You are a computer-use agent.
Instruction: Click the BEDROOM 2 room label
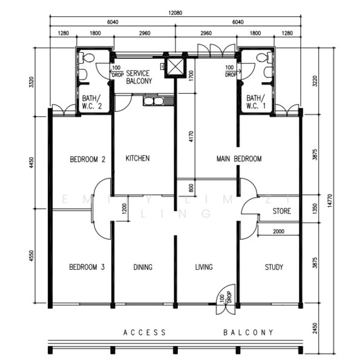pyautogui.click(x=88, y=160)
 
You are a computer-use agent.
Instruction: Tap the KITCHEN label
pyautogui.click(x=137, y=159)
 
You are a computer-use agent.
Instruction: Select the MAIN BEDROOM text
pyautogui.click(x=239, y=159)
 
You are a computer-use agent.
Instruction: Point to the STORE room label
pyautogui.click(x=281, y=212)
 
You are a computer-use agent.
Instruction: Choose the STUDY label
pyautogui.click(x=274, y=267)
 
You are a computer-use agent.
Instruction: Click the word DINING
pyautogui.click(x=143, y=267)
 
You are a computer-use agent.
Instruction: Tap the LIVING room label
pyautogui.click(x=204, y=267)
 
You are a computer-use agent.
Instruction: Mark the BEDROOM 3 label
pyautogui.click(x=87, y=267)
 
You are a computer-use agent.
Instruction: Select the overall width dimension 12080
pyautogui.click(x=175, y=12)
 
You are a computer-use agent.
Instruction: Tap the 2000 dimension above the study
pyautogui.click(x=278, y=232)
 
